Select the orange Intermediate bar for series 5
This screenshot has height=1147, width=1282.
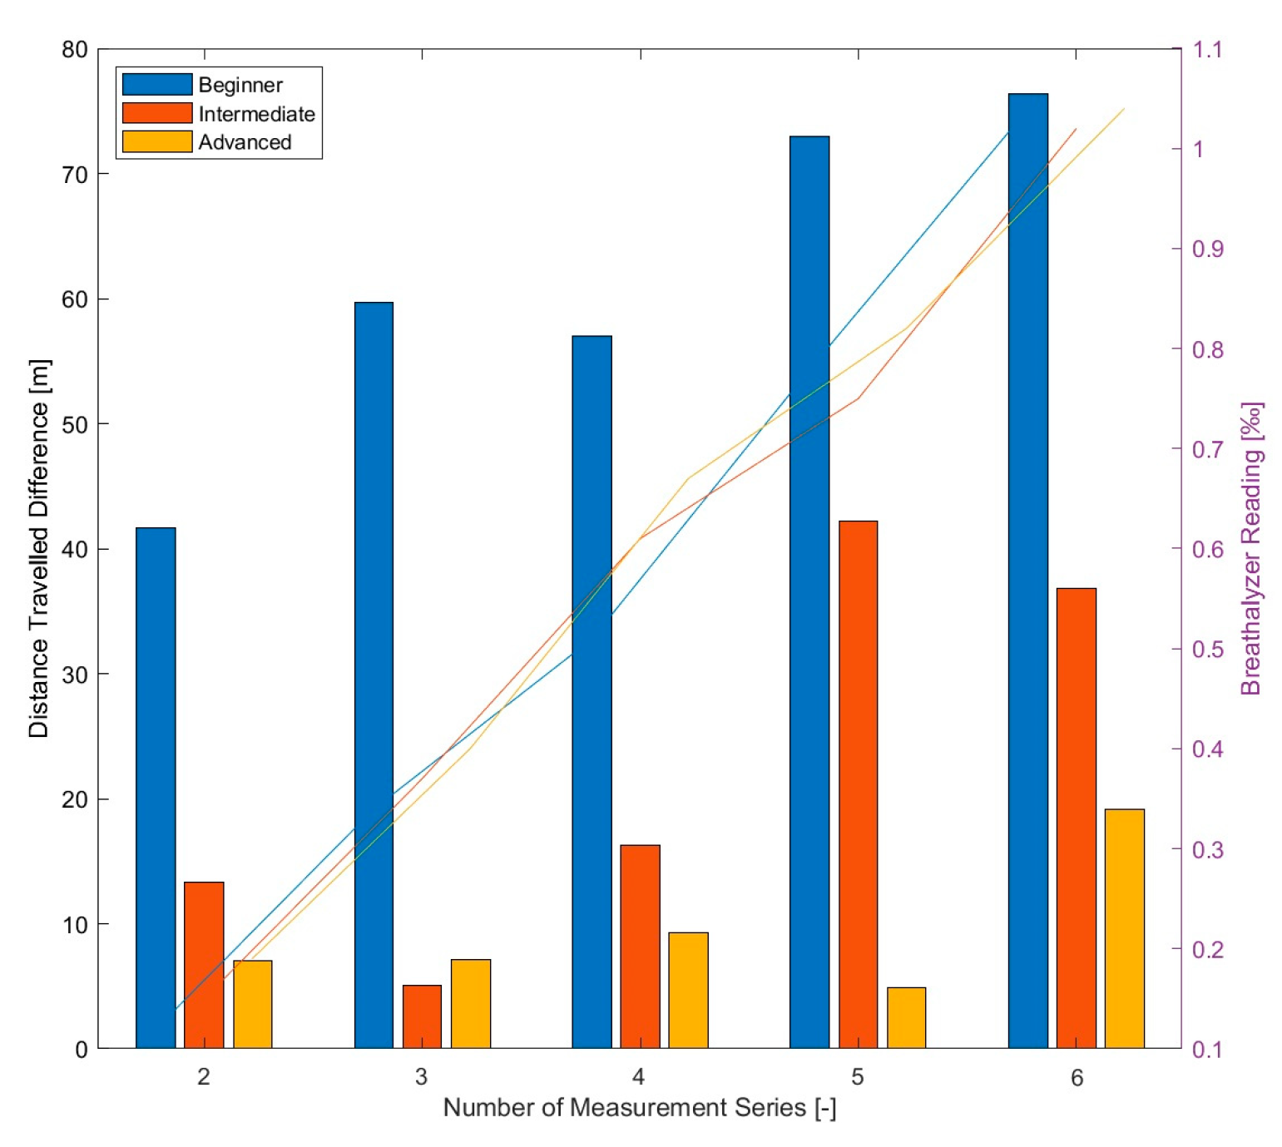coord(858,782)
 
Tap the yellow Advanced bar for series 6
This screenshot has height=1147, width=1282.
coord(1124,927)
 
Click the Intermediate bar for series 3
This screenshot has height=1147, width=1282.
coord(422,1016)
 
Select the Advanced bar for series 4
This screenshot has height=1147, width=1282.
coord(688,989)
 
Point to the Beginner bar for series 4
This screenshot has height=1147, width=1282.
coord(592,690)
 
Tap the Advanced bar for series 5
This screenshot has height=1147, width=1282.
coord(906,1016)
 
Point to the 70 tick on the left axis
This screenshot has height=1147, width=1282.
coord(75,175)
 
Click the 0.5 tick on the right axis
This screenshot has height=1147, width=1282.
coord(1207,649)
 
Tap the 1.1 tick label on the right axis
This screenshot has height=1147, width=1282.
coord(1207,50)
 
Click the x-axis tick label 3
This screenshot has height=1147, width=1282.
coord(421,1077)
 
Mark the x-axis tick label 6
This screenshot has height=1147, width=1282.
coord(1077,1078)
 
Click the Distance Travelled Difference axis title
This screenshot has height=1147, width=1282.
coord(38,549)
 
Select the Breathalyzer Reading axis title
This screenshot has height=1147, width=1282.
coord(1251,549)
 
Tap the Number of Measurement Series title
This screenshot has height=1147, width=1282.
coord(639,1108)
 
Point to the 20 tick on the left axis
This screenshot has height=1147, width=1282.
coord(75,799)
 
